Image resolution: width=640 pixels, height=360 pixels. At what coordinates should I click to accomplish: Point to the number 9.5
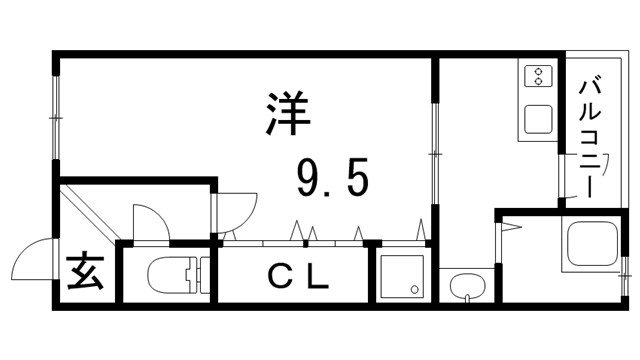click(x=332, y=179)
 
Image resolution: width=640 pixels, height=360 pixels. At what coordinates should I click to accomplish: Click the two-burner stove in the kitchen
click(x=538, y=77)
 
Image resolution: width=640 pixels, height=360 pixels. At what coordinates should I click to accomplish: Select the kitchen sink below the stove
click(x=538, y=118)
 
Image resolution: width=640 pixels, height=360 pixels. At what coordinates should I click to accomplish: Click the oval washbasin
click(x=466, y=290)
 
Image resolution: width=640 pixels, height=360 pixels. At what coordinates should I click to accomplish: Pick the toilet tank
click(x=197, y=274)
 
